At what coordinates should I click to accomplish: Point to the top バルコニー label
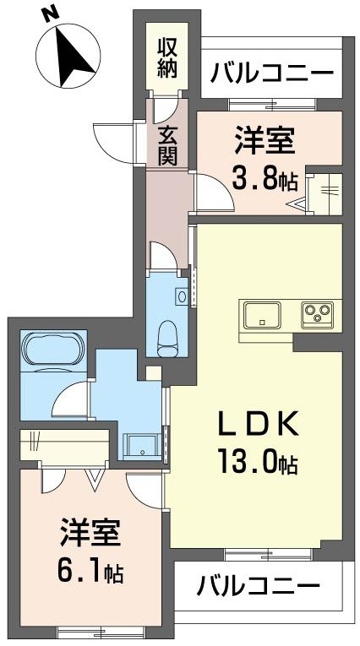click(x=272, y=73)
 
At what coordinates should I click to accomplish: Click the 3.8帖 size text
click(x=265, y=179)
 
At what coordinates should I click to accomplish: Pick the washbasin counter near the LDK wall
click(x=142, y=444)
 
